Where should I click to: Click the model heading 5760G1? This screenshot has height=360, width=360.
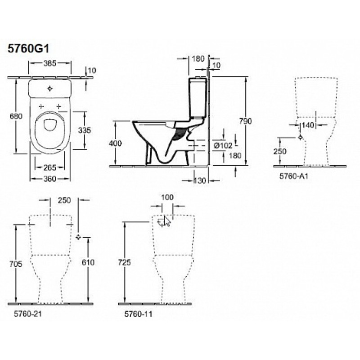tap(28, 49)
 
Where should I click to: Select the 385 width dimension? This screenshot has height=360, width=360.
tap(50, 63)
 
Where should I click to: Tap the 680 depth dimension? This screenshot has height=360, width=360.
tap(16, 117)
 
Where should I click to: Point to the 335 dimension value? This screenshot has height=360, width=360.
tap(85, 130)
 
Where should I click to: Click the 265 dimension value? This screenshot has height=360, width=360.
tap(50, 167)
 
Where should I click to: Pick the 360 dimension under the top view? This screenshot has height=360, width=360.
tap(50, 179)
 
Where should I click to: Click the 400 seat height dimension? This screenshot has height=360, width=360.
tap(115, 143)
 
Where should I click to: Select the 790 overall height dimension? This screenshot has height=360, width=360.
tap(246, 121)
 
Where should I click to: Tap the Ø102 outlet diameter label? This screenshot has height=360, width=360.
tap(223, 145)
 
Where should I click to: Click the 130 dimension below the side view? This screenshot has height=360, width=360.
tap(200, 181)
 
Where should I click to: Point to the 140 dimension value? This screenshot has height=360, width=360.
tap(308, 125)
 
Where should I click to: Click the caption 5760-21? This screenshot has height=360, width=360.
tap(28, 314)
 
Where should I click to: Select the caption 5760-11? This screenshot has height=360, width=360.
tap(139, 314)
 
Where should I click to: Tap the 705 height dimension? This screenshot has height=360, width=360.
tap(16, 264)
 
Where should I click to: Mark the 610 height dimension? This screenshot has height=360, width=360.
tap(88, 262)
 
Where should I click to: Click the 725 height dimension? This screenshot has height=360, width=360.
tap(124, 262)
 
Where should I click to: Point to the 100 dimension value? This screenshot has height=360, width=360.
tap(167, 197)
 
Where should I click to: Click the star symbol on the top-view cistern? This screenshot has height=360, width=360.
tap(50, 88)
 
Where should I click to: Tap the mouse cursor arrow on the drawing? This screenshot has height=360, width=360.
tap(167, 221)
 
